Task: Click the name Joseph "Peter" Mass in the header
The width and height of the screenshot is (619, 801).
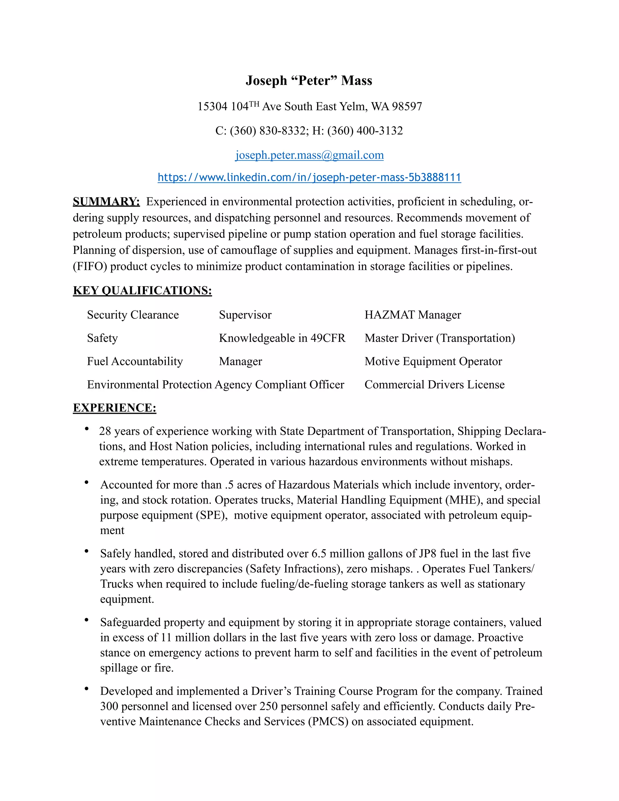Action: (309, 81)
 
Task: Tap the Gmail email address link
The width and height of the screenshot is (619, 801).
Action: (309, 155)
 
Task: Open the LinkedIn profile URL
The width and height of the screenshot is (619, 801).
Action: (309, 177)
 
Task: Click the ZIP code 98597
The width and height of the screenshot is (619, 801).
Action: (407, 107)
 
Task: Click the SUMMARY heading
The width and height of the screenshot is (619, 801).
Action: (106, 202)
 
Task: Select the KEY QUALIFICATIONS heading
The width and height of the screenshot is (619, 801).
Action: (142, 290)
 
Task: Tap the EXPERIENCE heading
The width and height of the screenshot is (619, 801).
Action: (115, 408)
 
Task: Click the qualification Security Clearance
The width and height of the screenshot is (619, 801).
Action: (133, 315)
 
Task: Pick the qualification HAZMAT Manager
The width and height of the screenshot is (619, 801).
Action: (413, 315)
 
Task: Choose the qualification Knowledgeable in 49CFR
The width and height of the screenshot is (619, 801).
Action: (282, 338)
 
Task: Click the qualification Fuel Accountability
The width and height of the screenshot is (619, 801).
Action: (134, 362)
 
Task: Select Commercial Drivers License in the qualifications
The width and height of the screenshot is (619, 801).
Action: (434, 385)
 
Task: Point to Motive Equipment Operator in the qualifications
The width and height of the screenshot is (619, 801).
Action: (433, 362)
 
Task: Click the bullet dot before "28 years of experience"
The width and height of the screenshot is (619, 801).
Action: (86, 428)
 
